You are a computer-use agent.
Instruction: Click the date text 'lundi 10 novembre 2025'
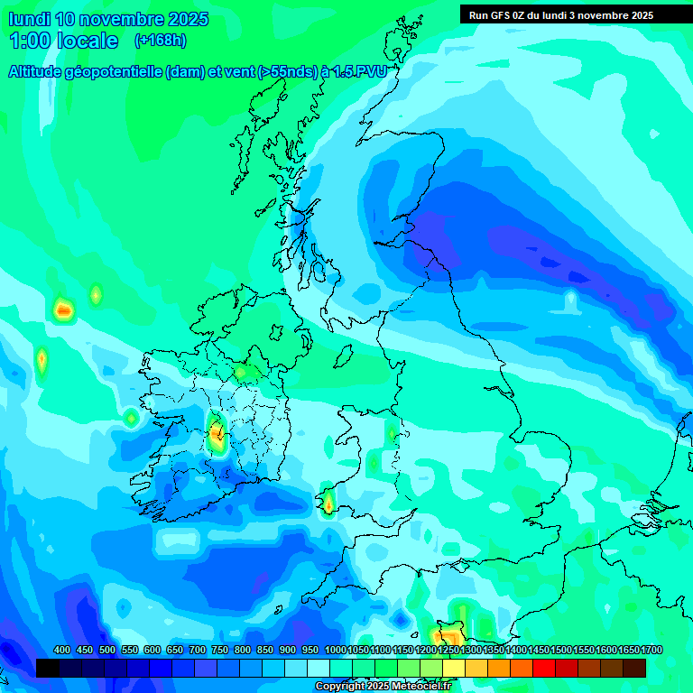(108, 19)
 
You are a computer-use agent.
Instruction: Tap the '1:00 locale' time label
(63, 41)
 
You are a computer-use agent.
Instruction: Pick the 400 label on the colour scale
(62, 651)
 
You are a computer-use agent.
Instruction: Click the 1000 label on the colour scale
(335, 651)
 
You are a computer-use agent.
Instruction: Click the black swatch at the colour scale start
(48, 668)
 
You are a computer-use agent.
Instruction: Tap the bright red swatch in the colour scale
(544, 668)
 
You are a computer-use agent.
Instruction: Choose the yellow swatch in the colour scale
(454, 668)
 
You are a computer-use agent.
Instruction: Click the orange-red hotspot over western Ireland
(217, 436)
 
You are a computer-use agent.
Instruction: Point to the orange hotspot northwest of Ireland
(62, 310)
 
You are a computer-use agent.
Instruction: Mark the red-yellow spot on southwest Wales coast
(328, 503)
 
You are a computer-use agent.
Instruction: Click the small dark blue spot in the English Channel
(401, 620)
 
